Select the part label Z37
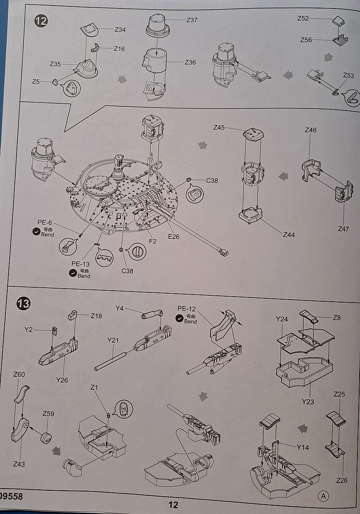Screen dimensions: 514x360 [x=192, y=20]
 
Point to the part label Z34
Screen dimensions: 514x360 [x=120, y=30]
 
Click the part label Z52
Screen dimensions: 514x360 [x=303, y=18]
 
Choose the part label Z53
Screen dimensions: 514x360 [x=349, y=75]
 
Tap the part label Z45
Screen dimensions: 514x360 [x=219, y=127]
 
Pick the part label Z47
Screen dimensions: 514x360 [x=343, y=229]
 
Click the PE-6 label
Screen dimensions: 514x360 [x=44, y=222]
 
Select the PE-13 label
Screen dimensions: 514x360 [x=80, y=264]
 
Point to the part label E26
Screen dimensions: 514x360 [x=174, y=236]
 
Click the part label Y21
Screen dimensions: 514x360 [x=114, y=340]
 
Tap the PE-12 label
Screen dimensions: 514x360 [x=187, y=309]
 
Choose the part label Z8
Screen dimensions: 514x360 [x=337, y=317]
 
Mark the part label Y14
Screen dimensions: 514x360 [x=303, y=447]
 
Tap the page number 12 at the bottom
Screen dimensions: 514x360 [x=173, y=505]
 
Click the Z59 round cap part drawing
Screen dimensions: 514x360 [x=46, y=437]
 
